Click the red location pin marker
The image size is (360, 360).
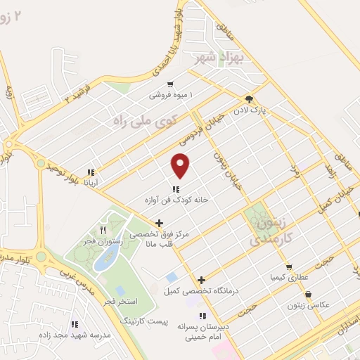pos(181,166)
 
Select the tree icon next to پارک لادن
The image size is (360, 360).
pos(249,99)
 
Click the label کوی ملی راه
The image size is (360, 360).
pos(147,120)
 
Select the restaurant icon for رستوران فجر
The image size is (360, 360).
pos(103,230)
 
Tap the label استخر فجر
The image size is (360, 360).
pos(117,301)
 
